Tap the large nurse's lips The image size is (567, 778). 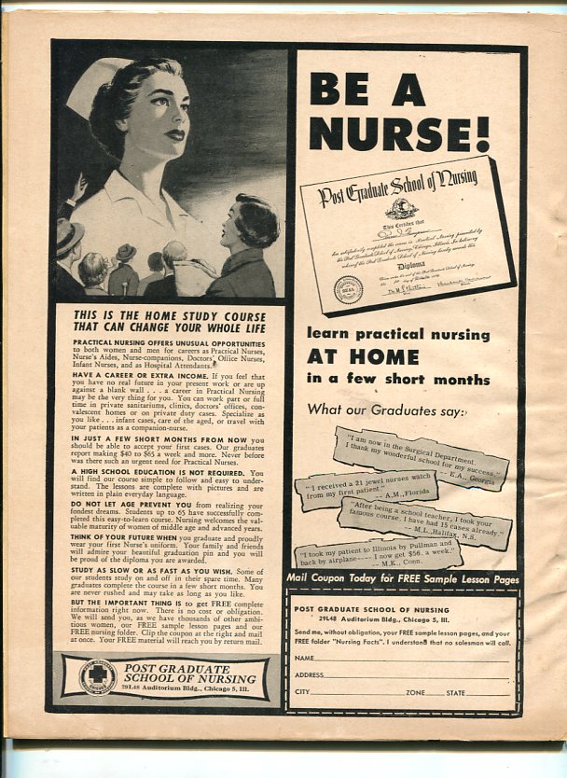(x=173, y=134)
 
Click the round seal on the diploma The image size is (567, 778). (x=348, y=289)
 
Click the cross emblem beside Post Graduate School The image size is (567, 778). (x=97, y=676)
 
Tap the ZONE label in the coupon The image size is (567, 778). (x=416, y=693)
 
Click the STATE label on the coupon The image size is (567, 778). (x=456, y=693)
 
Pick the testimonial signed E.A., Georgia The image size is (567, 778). (x=422, y=457)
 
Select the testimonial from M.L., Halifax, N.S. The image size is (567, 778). (x=424, y=521)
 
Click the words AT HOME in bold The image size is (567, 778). (x=363, y=356)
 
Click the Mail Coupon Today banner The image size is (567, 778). (x=402, y=580)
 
